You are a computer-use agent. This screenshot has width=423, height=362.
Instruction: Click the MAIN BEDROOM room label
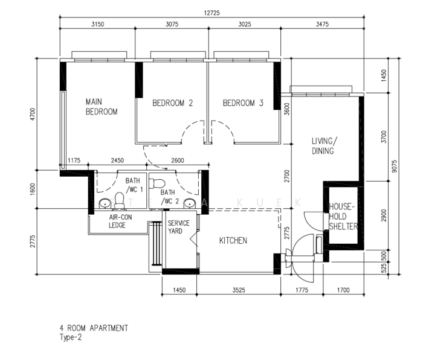point(102,107)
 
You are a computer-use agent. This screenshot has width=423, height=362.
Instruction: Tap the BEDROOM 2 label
point(173,103)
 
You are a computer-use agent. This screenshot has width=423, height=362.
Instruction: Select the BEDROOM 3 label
point(243,103)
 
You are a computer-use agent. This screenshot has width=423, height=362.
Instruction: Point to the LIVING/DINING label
point(325,146)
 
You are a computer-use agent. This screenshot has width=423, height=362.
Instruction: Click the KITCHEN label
point(233,241)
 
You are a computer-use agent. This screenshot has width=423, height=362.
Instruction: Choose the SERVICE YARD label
point(179,227)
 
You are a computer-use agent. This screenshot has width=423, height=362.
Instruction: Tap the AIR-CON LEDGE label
point(120,221)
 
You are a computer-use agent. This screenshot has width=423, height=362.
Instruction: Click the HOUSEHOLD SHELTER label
point(343,217)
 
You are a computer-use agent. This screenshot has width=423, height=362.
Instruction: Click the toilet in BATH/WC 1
point(119,200)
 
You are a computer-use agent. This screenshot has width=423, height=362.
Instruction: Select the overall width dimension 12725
point(211,13)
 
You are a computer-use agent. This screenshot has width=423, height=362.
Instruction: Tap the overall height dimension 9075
point(395,166)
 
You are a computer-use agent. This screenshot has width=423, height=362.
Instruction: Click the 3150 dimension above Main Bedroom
point(97,24)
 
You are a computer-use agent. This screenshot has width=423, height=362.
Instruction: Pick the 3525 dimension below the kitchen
point(239,290)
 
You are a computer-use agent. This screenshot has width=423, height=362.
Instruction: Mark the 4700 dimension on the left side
point(33,114)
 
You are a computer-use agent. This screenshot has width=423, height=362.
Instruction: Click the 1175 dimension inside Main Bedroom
point(74,160)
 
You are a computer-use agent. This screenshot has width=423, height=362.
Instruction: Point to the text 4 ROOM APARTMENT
point(94,328)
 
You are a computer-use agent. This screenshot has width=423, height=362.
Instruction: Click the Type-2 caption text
point(71,337)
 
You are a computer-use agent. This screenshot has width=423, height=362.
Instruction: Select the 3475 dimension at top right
point(322,24)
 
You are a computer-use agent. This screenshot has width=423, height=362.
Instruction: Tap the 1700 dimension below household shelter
point(343,290)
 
